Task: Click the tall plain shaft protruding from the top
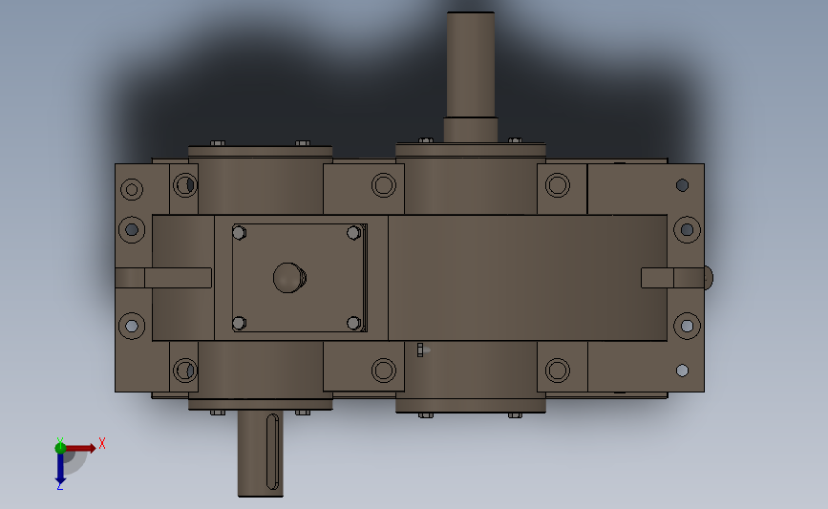[471, 63]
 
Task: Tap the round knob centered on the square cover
[289, 278]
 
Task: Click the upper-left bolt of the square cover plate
[239, 232]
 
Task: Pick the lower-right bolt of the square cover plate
[353, 323]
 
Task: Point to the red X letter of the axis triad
[101, 443]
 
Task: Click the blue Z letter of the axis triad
[59, 486]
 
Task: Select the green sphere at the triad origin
[60, 447]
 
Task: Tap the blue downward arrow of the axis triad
[59, 467]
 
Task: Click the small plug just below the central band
[420, 350]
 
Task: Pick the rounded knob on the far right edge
[707, 277]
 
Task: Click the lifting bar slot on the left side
[177, 278]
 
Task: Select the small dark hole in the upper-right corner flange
[682, 185]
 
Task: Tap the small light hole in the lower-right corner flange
[682, 370]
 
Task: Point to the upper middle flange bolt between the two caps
[383, 184]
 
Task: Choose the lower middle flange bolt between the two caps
[383, 370]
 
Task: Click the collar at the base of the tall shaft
[471, 129]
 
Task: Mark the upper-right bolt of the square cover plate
[353, 232]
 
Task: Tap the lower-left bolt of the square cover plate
[239, 323]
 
